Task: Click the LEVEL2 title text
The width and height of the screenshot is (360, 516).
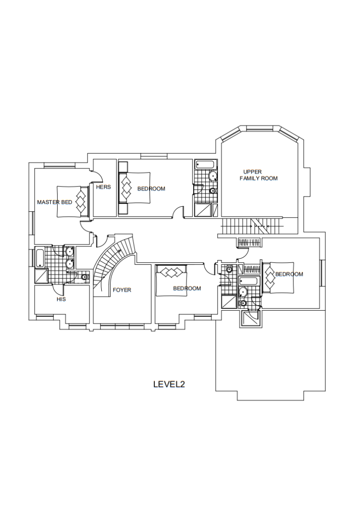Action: [x=169, y=384]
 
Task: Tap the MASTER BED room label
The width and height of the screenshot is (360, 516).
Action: [x=54, y=202]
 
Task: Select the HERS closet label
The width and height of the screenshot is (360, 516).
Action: [x=103, y=187]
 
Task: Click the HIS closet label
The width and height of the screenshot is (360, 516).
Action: [x=61, y=299]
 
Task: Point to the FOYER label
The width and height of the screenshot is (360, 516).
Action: [x=122, y=290]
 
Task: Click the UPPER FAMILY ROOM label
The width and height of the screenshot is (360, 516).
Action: [x=259, y=175]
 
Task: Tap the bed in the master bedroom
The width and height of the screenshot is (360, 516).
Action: [x=73, y=202]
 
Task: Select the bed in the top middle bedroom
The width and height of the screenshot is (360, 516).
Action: [x=134, y=188]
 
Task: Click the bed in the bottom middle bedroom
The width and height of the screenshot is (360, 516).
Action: [x=172, y=280]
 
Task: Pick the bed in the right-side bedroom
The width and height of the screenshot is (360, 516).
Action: [x=278, y=277]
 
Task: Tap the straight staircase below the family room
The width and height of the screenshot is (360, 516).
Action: [x=252, y=226]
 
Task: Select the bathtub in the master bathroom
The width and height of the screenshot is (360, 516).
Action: [x=39, y=259]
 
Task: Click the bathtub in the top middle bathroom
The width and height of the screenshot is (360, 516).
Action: [x=206, y=164]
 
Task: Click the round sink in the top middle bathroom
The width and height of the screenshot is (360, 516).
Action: [x=213, y=176]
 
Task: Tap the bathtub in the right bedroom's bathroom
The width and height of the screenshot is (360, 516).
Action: [x=249, y=281]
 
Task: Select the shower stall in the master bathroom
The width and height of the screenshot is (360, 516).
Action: [x=41, y=276]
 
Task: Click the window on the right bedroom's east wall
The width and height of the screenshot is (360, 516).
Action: [x=322, y=273]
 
